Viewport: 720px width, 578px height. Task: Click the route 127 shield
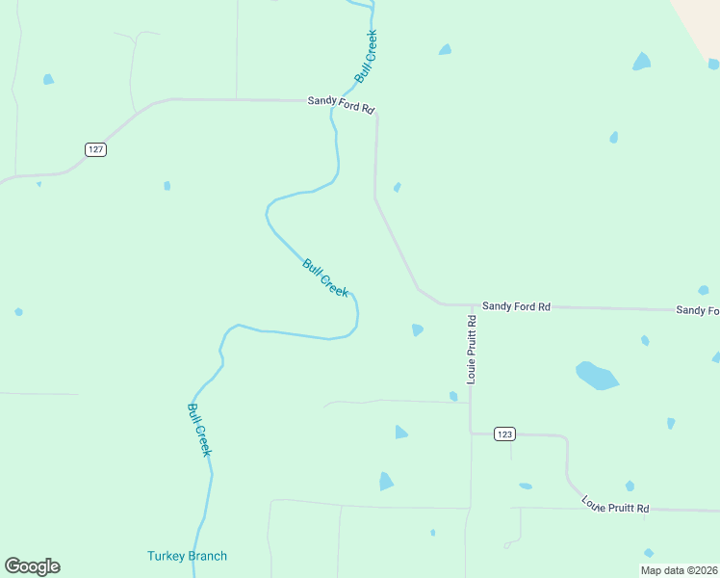[94, 149]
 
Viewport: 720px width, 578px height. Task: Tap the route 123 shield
[504, 433]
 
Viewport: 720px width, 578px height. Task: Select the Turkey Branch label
[187, 556]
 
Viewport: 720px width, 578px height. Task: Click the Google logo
[32, 566]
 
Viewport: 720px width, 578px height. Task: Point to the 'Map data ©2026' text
[679, 570]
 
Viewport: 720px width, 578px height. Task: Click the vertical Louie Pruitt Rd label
[472, 350]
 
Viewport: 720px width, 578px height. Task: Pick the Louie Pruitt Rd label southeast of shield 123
[615, 504]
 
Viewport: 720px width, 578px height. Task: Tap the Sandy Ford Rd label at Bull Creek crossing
[341, 104]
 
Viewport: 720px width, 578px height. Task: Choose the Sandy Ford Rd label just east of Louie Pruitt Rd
[516, 306]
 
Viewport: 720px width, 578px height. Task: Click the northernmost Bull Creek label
[366, 56]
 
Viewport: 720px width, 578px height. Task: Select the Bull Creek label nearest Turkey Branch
[198, 429]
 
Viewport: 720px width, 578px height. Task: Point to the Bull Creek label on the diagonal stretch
[325, 277]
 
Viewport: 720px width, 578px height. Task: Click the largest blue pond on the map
[596, 375]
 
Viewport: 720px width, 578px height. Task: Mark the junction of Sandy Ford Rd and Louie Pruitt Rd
[472, 306]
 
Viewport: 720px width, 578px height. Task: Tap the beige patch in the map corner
[701, 24]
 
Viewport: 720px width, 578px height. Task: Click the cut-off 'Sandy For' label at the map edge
[698, 309]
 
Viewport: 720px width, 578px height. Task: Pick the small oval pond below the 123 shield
[525, 486]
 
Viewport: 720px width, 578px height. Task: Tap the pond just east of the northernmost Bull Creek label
[445, 49]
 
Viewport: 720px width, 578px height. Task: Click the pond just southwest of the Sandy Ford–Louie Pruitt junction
[417, 329]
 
